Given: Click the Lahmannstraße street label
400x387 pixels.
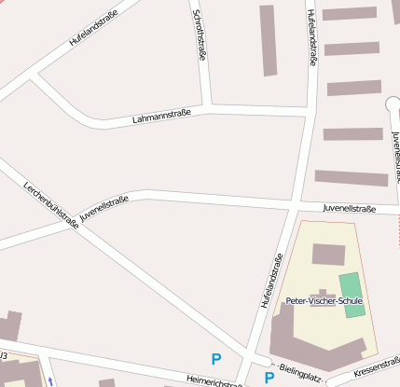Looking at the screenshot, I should click(x=161, y=116).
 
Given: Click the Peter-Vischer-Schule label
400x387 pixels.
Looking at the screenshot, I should click(x=324, y=300).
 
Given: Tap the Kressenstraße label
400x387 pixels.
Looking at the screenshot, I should click(x=379, y=366).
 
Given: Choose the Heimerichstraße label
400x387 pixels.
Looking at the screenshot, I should click(x=208, y=380).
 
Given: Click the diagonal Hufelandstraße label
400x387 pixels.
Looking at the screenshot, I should click(x=96, y=28).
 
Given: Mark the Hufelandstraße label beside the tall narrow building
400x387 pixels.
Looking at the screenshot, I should click(x=311, y=36).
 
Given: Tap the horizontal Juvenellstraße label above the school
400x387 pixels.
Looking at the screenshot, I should click(x=349, y=209).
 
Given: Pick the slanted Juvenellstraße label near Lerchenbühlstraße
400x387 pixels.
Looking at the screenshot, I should click(x=103, y=207).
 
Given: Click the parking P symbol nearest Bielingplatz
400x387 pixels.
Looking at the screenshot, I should click(x=269, y=378).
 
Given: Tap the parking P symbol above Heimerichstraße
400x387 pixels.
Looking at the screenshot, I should click(x=216, y=358).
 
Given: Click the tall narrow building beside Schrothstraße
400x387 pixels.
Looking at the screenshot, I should click(x=268, y=40).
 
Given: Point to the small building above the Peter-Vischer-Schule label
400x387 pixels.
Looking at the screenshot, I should click(x=328, y=255).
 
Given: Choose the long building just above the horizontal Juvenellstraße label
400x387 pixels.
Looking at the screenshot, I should click(x=351, y=177).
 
